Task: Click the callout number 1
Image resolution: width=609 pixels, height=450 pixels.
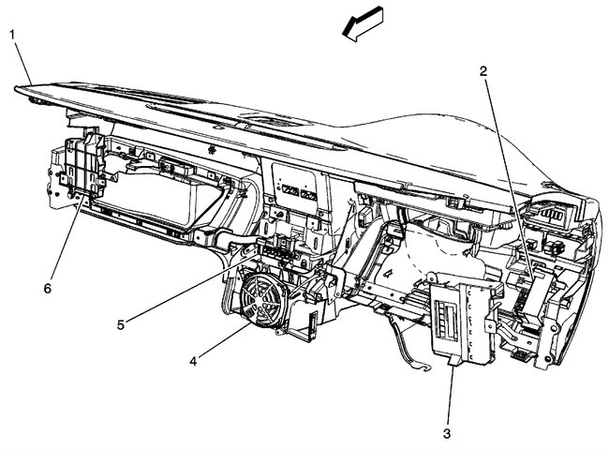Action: pyautogui.click(x=12, y=35)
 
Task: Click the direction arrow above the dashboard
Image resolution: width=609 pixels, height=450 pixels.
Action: pyautogui.click(x=364, y=22)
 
